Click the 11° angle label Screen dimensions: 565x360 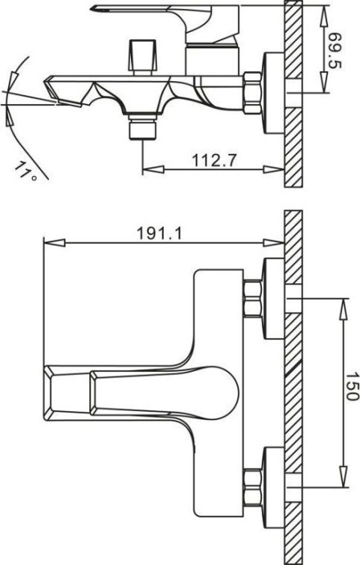(27, 170)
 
